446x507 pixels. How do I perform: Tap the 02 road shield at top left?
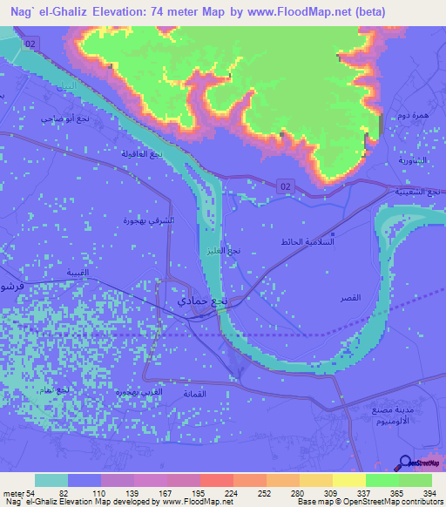tap(31, 43)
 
